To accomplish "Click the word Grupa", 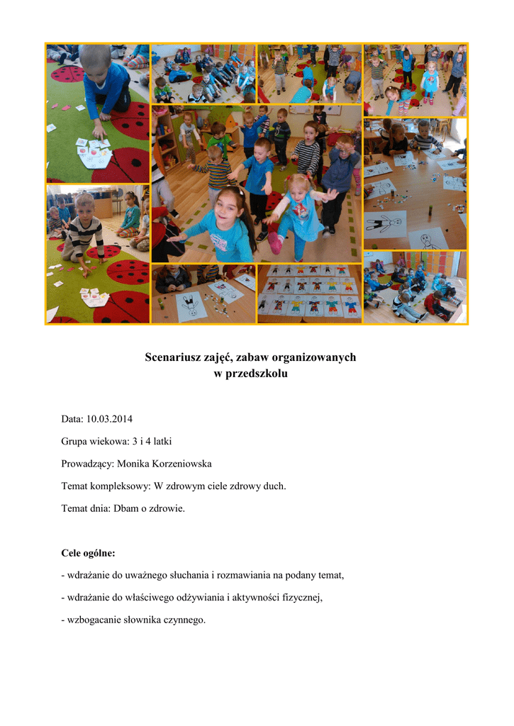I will pyautogui.click(x=76, y=441).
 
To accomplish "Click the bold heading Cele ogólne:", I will pyautogui.click(x=88, y=552).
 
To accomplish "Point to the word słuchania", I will pyautogui.click(x=186, y=575).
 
